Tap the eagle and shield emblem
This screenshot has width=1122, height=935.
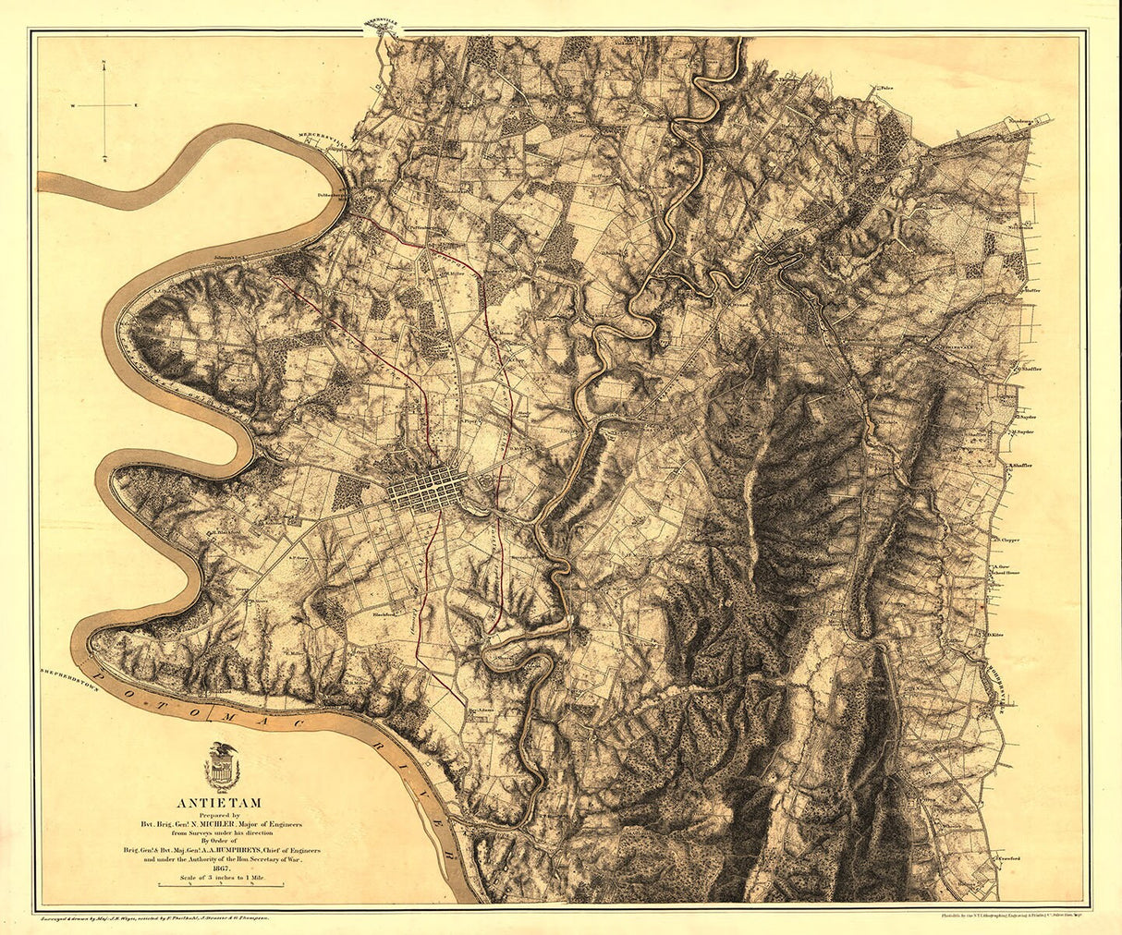pos(221,766)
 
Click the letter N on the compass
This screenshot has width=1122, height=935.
pos(105,64)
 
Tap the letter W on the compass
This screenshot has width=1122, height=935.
pos(72,106)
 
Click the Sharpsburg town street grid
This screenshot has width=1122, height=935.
pos(423,488)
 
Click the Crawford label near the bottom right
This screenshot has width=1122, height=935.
pos(1009,858)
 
